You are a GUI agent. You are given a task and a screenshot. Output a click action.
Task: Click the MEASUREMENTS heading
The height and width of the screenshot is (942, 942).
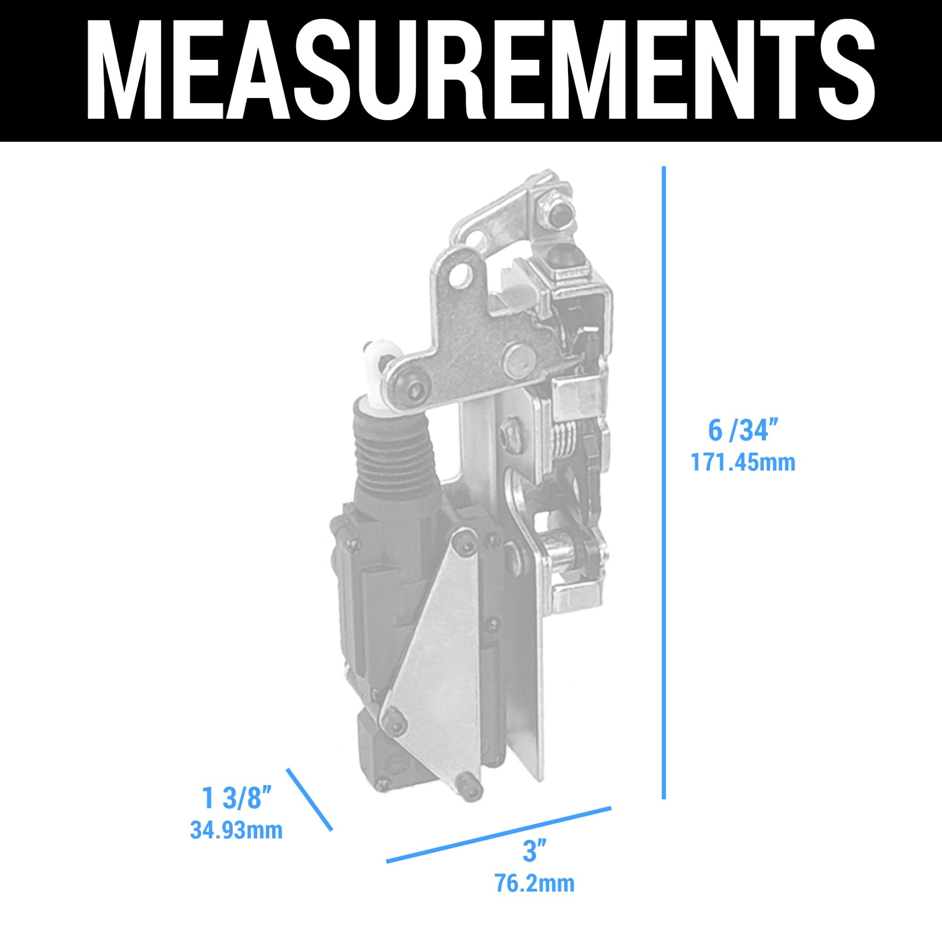pos(480,71)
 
